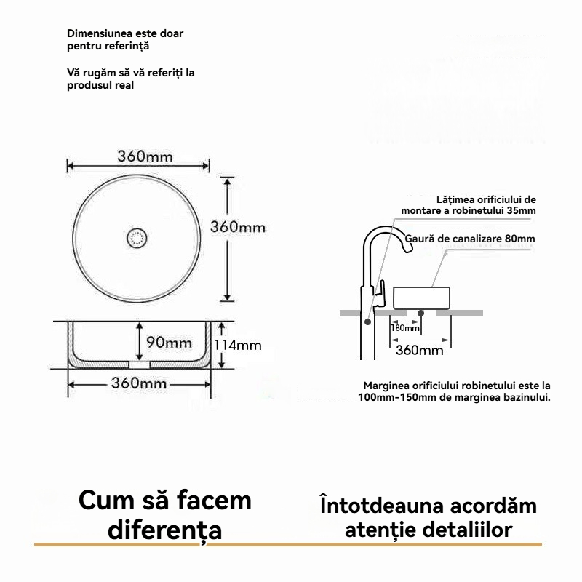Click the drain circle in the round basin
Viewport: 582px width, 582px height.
137,237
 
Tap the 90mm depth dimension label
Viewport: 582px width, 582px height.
169,342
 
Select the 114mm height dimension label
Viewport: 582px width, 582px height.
237,345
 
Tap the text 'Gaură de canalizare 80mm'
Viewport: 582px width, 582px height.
470,239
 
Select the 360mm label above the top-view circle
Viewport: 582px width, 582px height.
145,156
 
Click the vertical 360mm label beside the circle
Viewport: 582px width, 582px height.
238,227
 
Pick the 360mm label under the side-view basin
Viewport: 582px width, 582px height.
139,383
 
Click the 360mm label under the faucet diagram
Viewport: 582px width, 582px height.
419,351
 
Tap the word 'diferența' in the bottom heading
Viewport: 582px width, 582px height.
164,530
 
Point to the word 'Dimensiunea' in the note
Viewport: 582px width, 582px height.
95,33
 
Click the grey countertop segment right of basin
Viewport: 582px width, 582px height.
460,313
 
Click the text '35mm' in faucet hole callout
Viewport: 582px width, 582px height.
522,211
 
